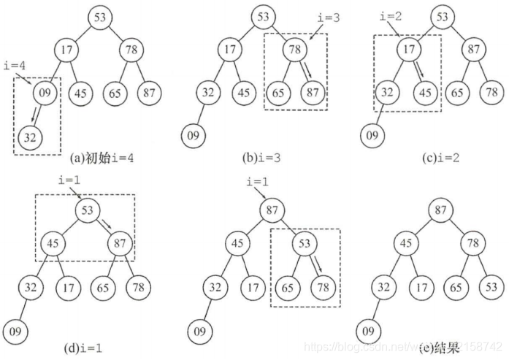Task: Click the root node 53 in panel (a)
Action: click(x=100, y=17)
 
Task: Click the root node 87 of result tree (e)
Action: click(x=440, y=210)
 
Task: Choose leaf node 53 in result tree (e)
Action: click(x=486, y=286)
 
